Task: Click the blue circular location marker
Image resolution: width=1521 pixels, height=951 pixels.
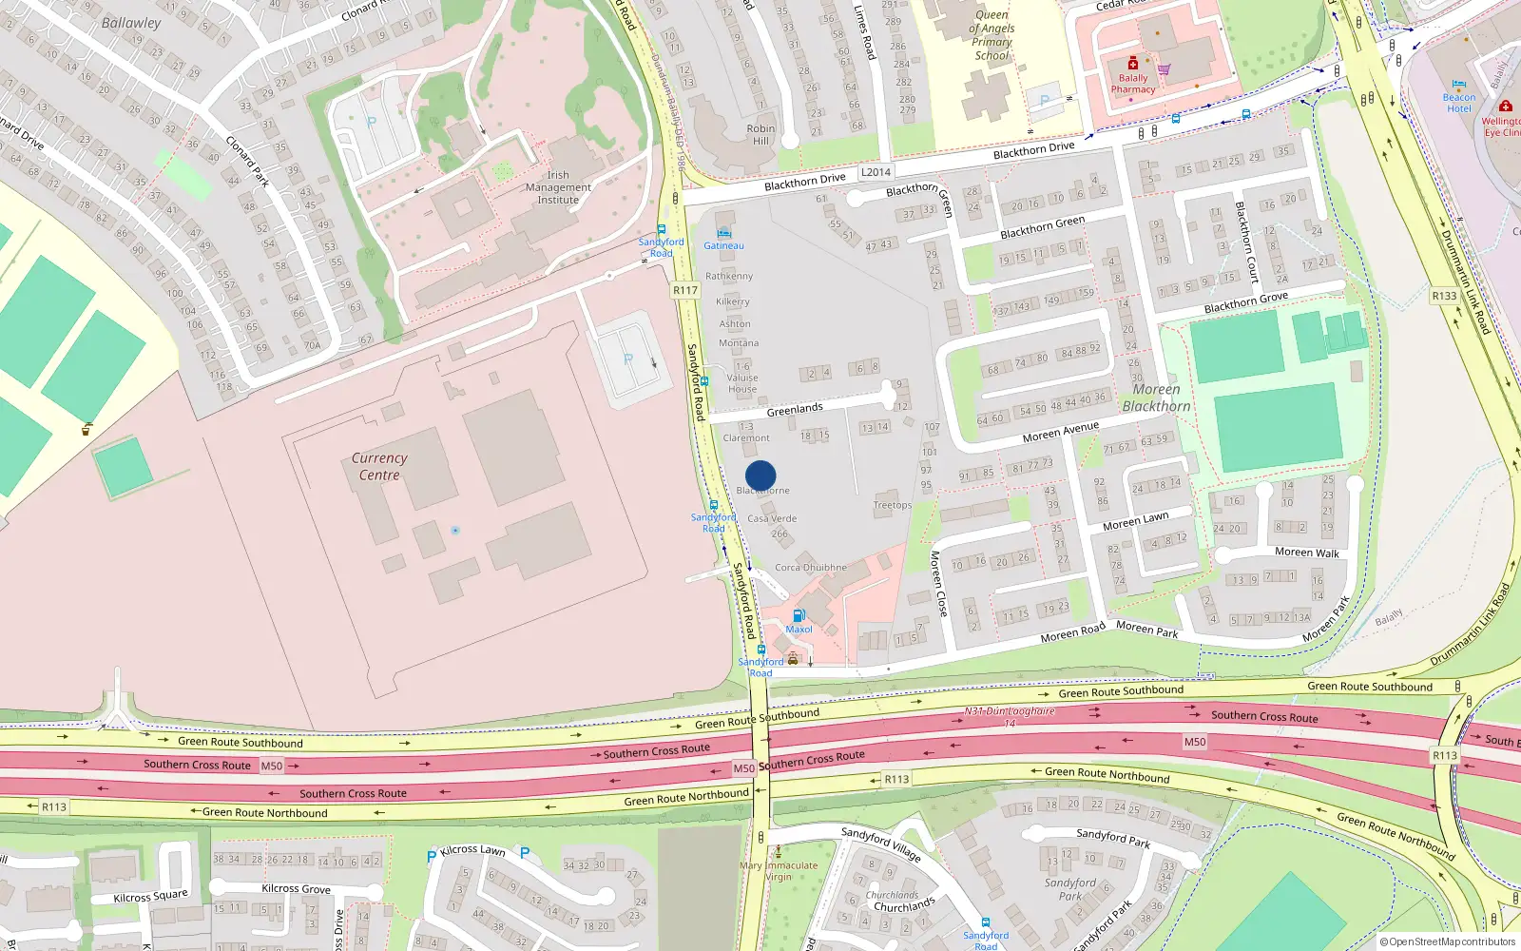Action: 760,475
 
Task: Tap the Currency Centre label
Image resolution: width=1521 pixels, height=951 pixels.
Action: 379,466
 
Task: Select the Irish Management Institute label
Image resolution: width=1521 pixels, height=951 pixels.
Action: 558,187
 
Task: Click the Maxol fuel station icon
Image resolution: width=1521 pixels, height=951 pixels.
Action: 799,615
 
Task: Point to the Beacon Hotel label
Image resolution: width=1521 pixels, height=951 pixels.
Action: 1459,103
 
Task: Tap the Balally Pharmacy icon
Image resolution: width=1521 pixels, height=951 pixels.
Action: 1133,64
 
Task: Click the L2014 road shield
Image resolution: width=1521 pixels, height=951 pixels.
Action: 876,172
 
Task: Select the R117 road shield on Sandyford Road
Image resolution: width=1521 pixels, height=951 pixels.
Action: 684,290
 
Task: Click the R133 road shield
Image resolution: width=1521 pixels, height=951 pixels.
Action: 1444,296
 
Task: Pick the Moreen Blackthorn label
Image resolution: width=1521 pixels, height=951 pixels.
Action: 1156,398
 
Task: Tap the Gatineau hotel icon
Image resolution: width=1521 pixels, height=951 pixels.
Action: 724,232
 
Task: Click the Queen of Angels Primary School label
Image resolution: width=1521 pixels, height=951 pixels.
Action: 992,35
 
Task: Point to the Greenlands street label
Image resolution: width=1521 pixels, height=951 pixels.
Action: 795,409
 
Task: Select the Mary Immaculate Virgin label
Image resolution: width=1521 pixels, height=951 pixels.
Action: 779,870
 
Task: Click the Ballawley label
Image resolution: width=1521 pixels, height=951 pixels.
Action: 131,23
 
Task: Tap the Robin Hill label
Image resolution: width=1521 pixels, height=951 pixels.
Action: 760,134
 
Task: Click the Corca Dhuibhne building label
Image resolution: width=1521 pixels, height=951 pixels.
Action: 810,568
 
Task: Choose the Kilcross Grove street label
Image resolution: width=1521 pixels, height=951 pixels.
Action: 296,889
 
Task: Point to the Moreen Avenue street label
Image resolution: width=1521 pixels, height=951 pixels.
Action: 1060,432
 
